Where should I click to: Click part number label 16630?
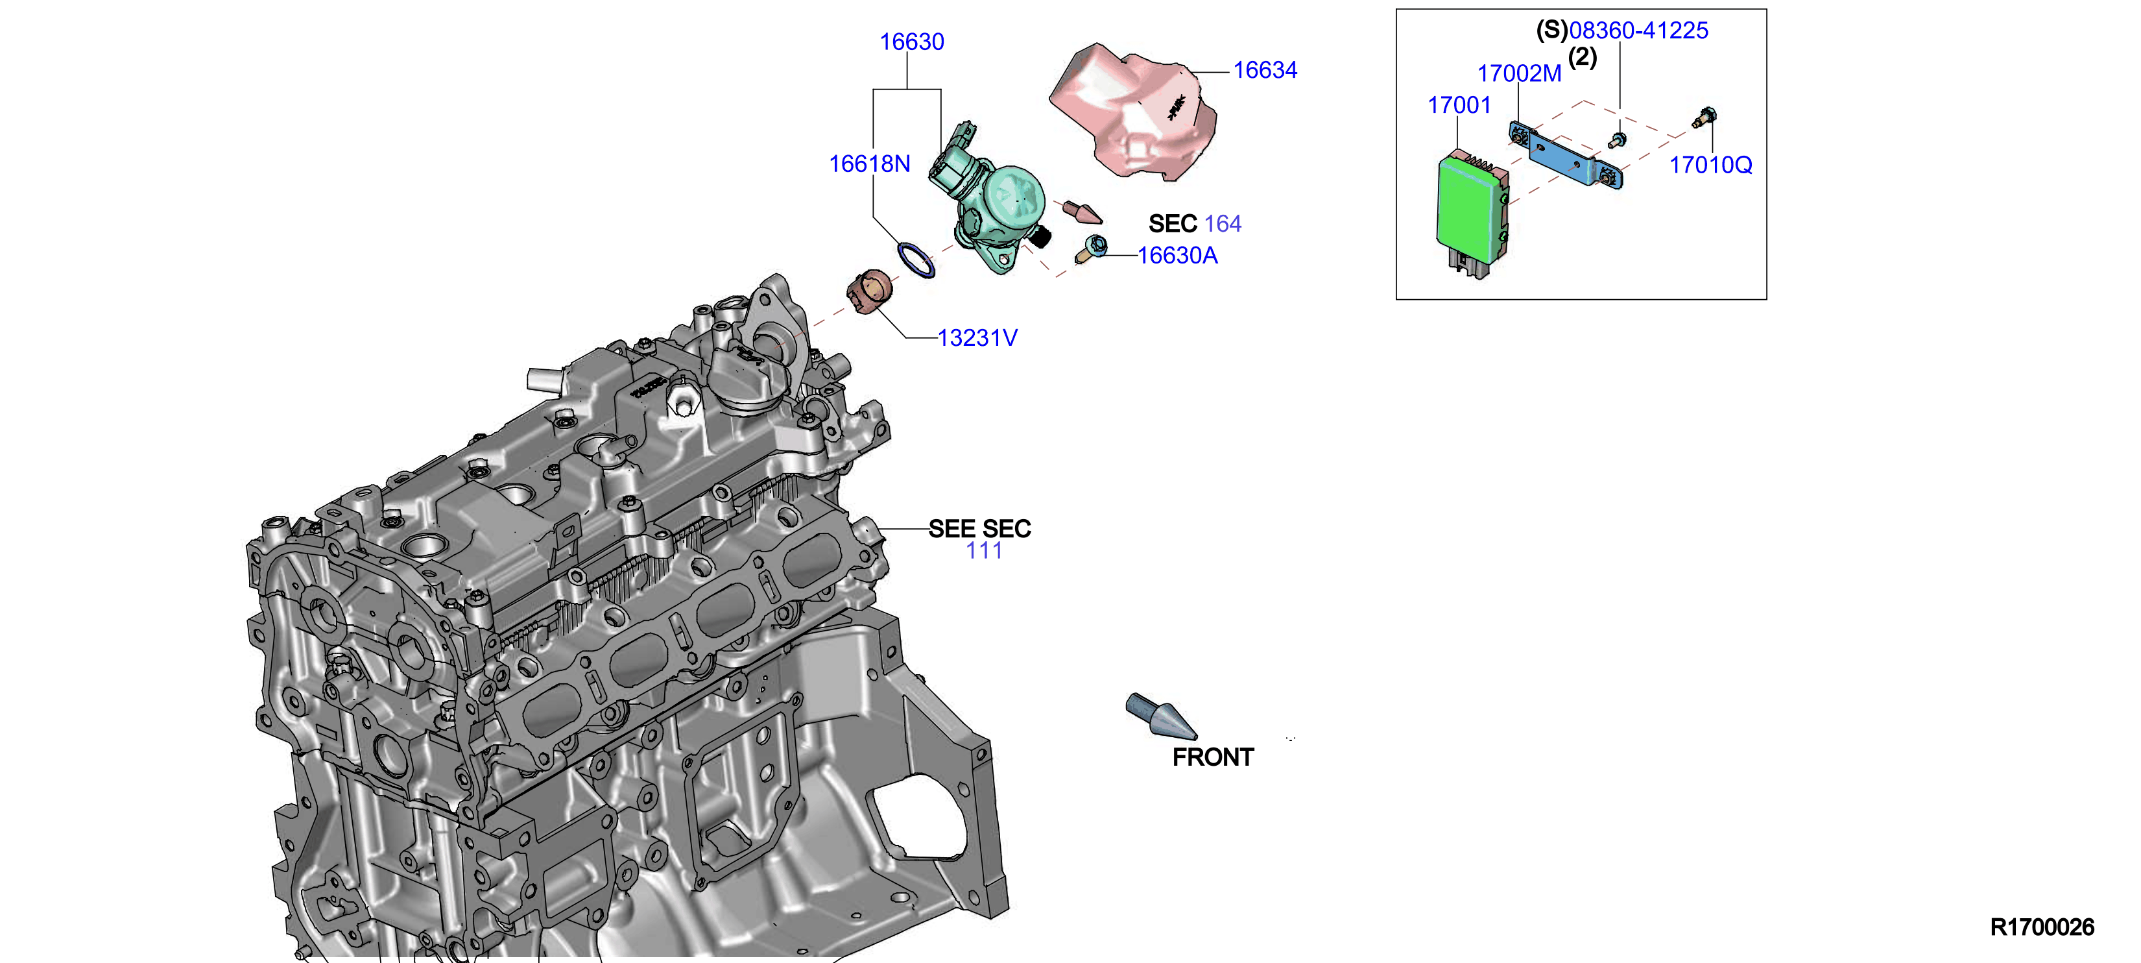[x=912, y=42]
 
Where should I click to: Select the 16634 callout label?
[x=1265, y=71]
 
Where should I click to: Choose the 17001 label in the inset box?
[x=1459, y=106]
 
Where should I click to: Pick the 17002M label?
[x=1519, y=74]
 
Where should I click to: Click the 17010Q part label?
[x=1711, y=165]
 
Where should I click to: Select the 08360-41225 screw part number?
[x=1638, y=30]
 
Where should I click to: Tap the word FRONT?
[x=1213, y=757]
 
